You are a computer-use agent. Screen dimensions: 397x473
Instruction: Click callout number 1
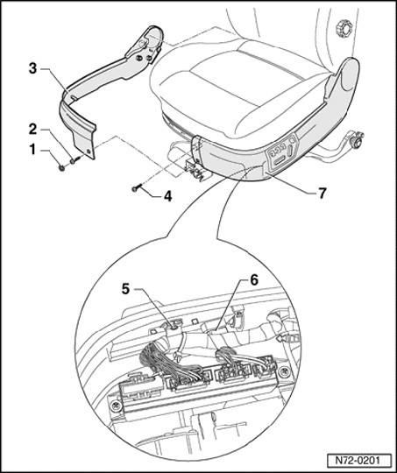point(32,150)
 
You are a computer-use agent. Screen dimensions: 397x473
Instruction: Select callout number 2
point(32,130)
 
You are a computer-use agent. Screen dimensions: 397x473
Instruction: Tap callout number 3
point(32,68)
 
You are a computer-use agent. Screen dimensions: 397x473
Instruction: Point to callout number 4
point(168,196)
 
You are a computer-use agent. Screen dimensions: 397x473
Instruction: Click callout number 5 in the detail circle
point(125,289)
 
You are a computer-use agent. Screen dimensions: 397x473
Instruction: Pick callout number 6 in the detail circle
point(254,280)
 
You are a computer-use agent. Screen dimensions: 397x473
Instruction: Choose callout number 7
point(323,193)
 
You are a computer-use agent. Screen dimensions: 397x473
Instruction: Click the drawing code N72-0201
point(358,461)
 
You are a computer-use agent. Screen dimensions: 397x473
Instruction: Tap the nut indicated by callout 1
point(61,167)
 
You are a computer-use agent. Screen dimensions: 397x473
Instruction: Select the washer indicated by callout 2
point(73,162)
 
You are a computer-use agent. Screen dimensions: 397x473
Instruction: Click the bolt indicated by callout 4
point(136,189)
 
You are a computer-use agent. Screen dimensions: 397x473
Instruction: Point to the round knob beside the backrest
point(344,28)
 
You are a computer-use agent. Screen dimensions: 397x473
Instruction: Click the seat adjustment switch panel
point(283,153)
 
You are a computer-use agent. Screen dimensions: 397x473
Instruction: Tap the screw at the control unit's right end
point(284,372)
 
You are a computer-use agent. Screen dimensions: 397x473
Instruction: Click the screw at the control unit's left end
point(117,406)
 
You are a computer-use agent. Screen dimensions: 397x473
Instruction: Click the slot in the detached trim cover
point(74,97)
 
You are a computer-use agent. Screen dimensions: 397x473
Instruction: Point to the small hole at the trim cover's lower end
point(89,152)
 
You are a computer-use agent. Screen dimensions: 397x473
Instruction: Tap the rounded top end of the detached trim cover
point(154,33)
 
